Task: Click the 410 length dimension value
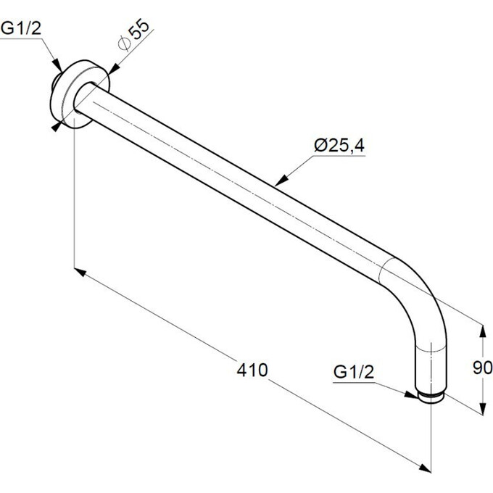coord(252,370)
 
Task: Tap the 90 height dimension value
coord(482,368)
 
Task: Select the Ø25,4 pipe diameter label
coord(339,146)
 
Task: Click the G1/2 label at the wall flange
coord(21,28)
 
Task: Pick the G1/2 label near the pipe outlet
coord(354,372)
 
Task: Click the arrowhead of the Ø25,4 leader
coord(282,180)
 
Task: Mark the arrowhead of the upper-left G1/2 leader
coord(57,65)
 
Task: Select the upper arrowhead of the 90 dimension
coord(482,332)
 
